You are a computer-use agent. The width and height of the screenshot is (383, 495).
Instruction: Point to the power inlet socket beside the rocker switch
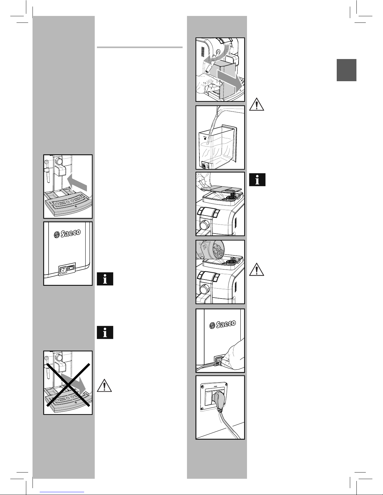(63, 269)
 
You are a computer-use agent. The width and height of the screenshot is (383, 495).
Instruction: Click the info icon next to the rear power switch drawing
(105, 279)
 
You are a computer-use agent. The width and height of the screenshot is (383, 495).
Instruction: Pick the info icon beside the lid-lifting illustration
(257, 180)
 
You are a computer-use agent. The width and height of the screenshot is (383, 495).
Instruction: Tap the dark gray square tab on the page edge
(346, 70)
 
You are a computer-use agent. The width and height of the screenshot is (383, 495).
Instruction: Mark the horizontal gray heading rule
(139, 48)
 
